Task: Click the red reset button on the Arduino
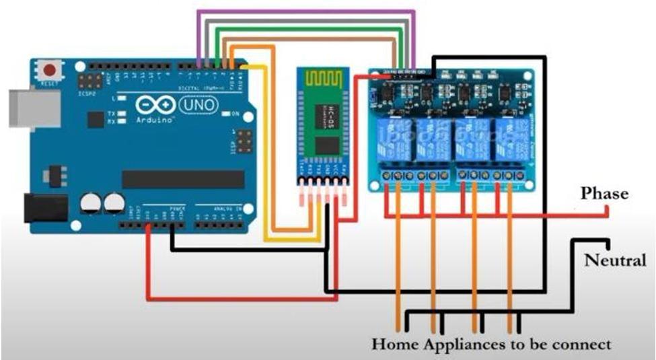click(x=48, y=69)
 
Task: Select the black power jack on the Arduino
click(x=44, y=207)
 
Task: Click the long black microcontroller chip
click(x=182, y=179)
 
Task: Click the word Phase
click(x=604, y=193)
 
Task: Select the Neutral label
click(x=615, y=260)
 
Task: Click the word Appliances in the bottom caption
click(x=463, y=345)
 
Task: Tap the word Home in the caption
click(x=395, y=345)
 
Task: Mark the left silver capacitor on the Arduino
click(x=91, y=203)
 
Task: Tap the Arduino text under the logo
click(x=156, y=120)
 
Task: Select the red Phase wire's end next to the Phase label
click(x=607, y=211)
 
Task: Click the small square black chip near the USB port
click(x=95, y=119)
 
